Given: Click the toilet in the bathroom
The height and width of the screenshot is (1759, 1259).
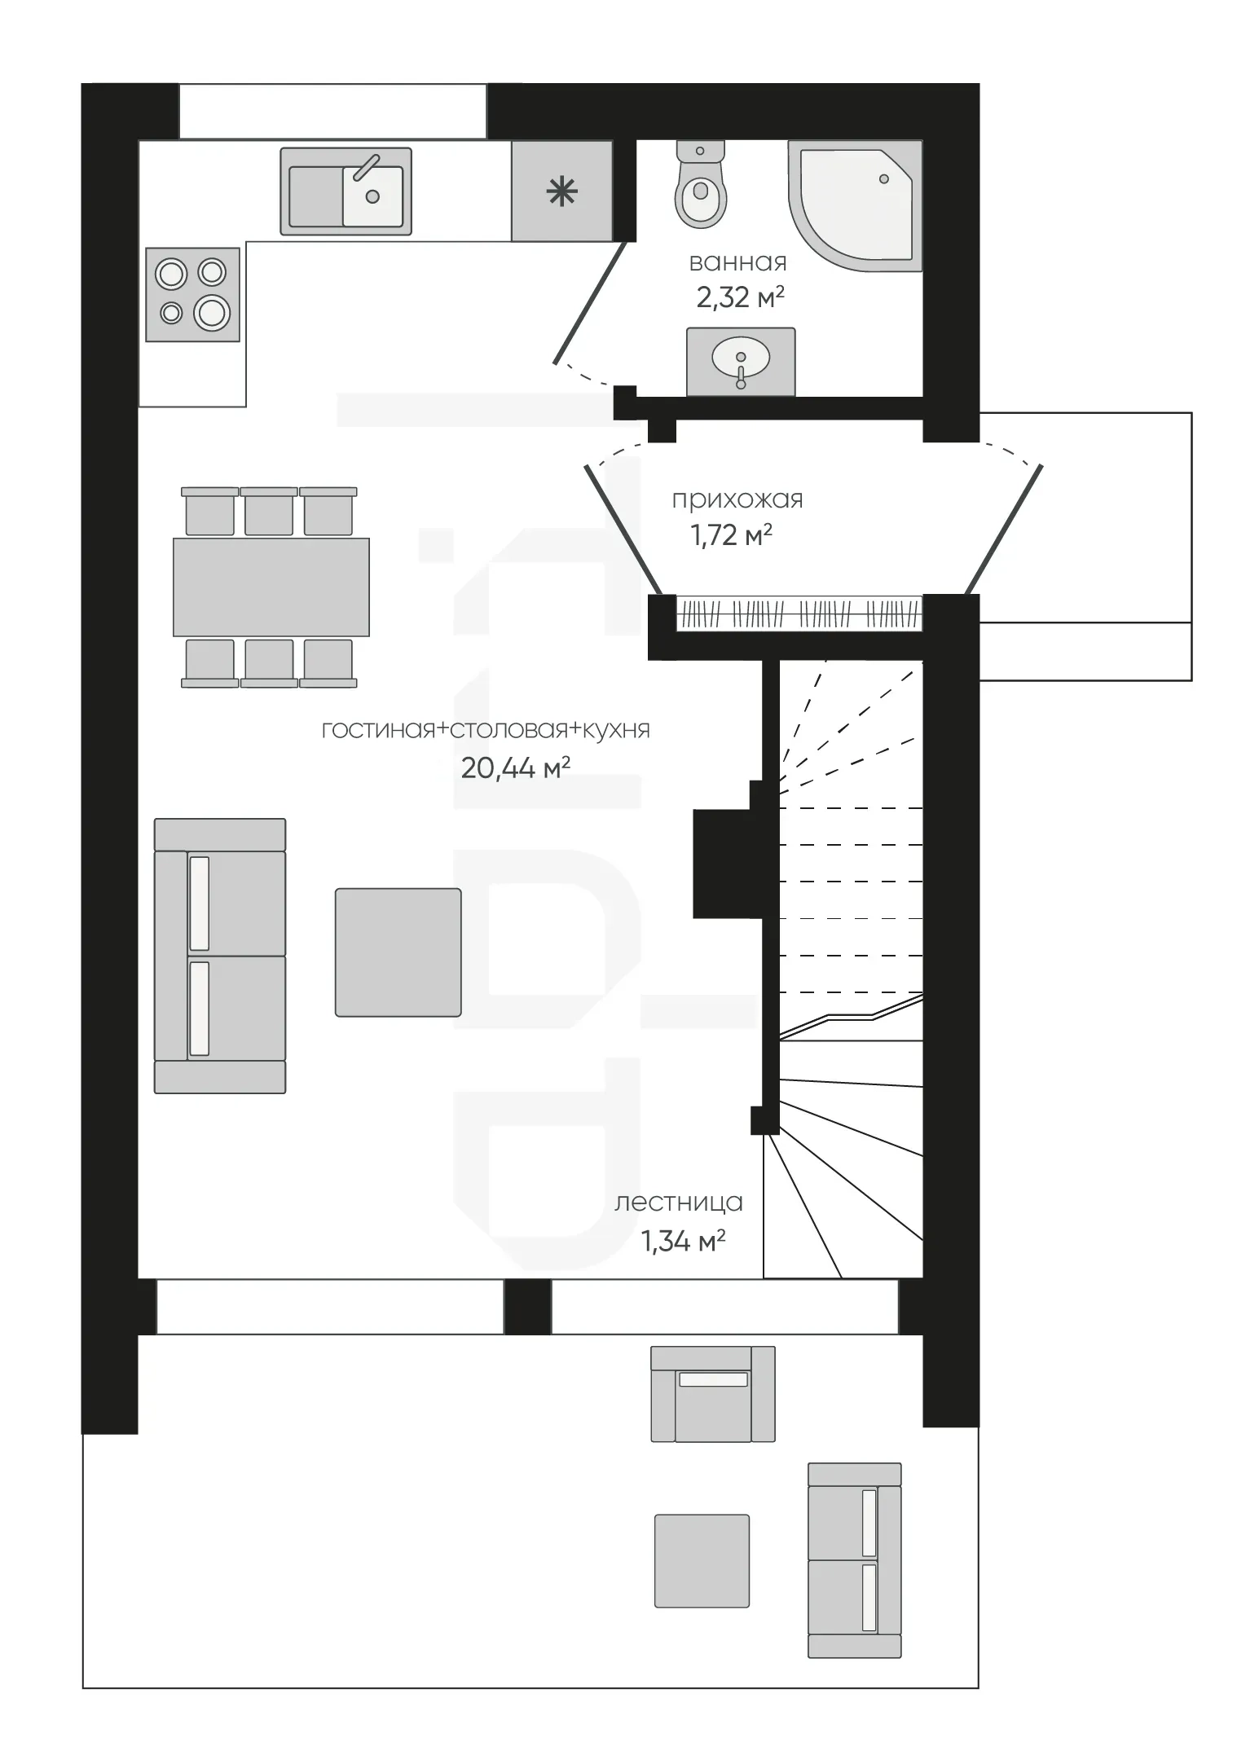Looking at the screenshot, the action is click(x=701, y=184).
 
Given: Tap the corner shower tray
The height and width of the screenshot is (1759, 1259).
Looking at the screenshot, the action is click(x=855, y=205).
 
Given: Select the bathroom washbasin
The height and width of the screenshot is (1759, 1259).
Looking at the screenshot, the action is click(x=741, y=362).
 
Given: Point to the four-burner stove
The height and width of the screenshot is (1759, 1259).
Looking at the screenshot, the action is click(x=193, y=294).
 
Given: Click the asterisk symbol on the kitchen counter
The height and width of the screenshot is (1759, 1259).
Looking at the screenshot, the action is click(x=561, y=193).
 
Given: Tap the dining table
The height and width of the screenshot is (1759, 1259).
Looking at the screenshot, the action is click(x=271, y=587).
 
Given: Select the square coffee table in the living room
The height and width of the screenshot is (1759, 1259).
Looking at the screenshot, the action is click(x=398, y=952).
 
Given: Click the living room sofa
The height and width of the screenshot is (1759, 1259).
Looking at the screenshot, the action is click(x=220, y=956).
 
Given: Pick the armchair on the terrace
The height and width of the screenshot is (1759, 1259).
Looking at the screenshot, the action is click(x=713, y=1394).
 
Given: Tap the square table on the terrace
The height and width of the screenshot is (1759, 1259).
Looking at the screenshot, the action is click(x=702, y=1561).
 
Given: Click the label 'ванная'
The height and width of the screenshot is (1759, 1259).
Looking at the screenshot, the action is click(x=738, y=262).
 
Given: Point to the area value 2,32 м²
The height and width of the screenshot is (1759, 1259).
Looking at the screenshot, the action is click(x=740, y=297).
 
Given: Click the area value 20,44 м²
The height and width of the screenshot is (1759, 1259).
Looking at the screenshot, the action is click(x=515, y=767).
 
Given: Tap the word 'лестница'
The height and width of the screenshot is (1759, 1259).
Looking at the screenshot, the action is click(x=679, y=1203).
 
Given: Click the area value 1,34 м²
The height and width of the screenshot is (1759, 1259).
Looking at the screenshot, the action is click(x=683, y=1241).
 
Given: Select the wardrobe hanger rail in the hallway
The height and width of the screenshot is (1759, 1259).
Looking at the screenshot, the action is click(x=799, y=613).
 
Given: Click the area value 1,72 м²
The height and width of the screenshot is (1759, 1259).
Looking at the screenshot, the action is click(x=731, y=534).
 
